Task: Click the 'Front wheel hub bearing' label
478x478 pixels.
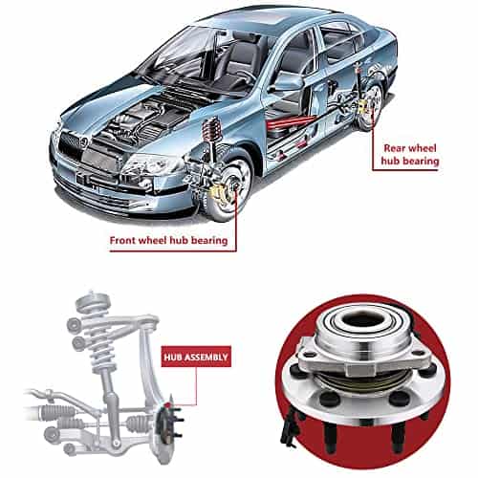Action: [168, 240]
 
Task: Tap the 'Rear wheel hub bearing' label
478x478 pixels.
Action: [410, 155]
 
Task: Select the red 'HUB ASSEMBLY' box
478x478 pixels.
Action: [196, 357]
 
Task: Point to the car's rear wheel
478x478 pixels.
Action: [371, 104]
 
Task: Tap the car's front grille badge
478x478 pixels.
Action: [83, 141]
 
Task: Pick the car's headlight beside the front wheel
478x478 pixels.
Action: [150, 165]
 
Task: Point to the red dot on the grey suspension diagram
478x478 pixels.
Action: [167, 405]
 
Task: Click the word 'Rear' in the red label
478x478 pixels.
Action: [394, 148]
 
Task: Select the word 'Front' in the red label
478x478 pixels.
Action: [123, 240]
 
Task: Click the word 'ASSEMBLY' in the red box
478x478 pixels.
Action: [206, 357]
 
